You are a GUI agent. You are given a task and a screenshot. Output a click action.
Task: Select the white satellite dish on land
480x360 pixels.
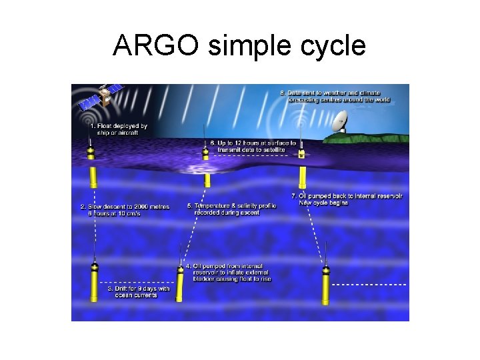pyautogui.click(x=339, y=121)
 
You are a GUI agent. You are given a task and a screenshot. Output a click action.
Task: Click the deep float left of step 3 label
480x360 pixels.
pyautogui.click(x=95, y=283)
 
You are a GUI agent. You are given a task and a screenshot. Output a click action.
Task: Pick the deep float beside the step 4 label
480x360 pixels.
pyautogui.click(x=180, y=283)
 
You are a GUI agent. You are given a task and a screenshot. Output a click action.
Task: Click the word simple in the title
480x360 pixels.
pyautogui.click(x=241, y=47)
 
